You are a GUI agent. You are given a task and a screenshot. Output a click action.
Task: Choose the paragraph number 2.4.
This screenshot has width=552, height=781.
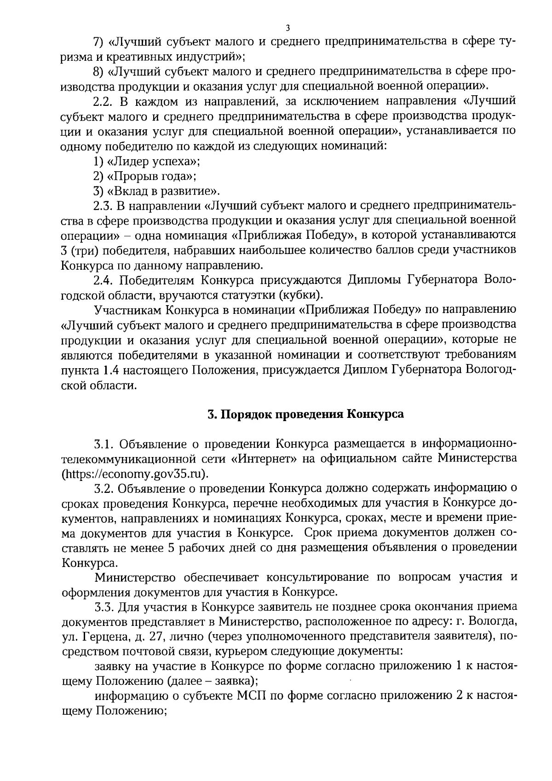click(104, 280)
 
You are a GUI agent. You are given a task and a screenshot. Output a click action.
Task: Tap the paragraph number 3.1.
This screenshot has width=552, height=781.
click(104, 444)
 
